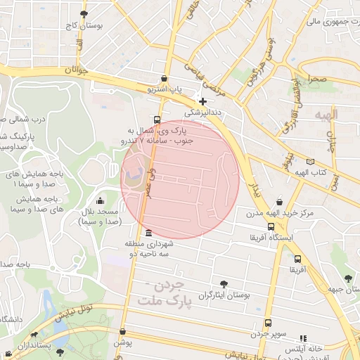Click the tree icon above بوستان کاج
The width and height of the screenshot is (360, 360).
[x=84, y=13]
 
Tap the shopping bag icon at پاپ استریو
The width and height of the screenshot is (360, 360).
[x=164, y=79]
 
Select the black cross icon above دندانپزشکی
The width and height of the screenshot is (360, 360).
[x=203, y=101]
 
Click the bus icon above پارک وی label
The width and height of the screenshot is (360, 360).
[x=156, y=120]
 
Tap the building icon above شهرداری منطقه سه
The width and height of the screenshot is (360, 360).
[x=148, y=233]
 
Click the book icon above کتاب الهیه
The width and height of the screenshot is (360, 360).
[x=310, y=162]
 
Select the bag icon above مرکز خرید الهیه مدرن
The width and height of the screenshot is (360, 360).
[x=280, y=201]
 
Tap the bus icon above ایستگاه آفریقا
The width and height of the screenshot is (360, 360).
[x=271, y=226]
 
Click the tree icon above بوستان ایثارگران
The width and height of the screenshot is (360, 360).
[x=224, y=284]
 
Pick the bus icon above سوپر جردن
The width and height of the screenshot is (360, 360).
[x=268, y=323]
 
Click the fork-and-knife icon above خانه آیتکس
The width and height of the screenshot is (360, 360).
[x=304, y=338]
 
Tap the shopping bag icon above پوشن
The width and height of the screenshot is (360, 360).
[x=122, y=331]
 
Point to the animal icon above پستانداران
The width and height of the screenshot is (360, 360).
[x=34, y=335]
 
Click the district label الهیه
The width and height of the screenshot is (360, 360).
[x=327, y=114]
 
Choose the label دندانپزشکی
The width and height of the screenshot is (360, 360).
[x=203, y=112]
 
